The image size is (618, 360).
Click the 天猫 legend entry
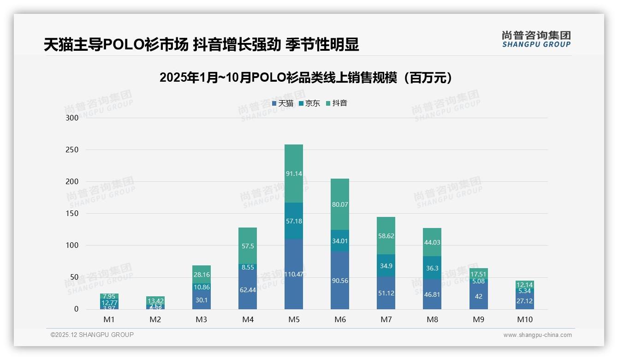click(x=283, y=103)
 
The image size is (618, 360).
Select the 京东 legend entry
click(x=309, y=103)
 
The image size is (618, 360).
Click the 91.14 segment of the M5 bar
click(x=294, y=174)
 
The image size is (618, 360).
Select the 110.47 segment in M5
click(x=294, y=274)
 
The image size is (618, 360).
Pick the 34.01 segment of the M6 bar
click(x=340, y=241)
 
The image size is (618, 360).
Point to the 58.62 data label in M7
click(x=386, y=236)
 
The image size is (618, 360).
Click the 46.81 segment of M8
click(x=432, y=294)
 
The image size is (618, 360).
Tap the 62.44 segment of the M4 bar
click(x=248, y=290)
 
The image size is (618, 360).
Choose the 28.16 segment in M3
click(x=202, y=275)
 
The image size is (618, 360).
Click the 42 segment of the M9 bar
click(x=478, y=296)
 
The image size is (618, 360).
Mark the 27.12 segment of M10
click(x=525, y=301)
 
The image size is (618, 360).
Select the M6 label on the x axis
click(x=340, y=319)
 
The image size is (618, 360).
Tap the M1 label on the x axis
click(x=109, y=319)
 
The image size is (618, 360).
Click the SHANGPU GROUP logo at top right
click(x=536, y=39)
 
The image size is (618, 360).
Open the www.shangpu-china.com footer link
click(x=537, y=335)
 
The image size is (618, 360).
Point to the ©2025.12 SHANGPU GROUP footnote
click(x=92, y=335)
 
